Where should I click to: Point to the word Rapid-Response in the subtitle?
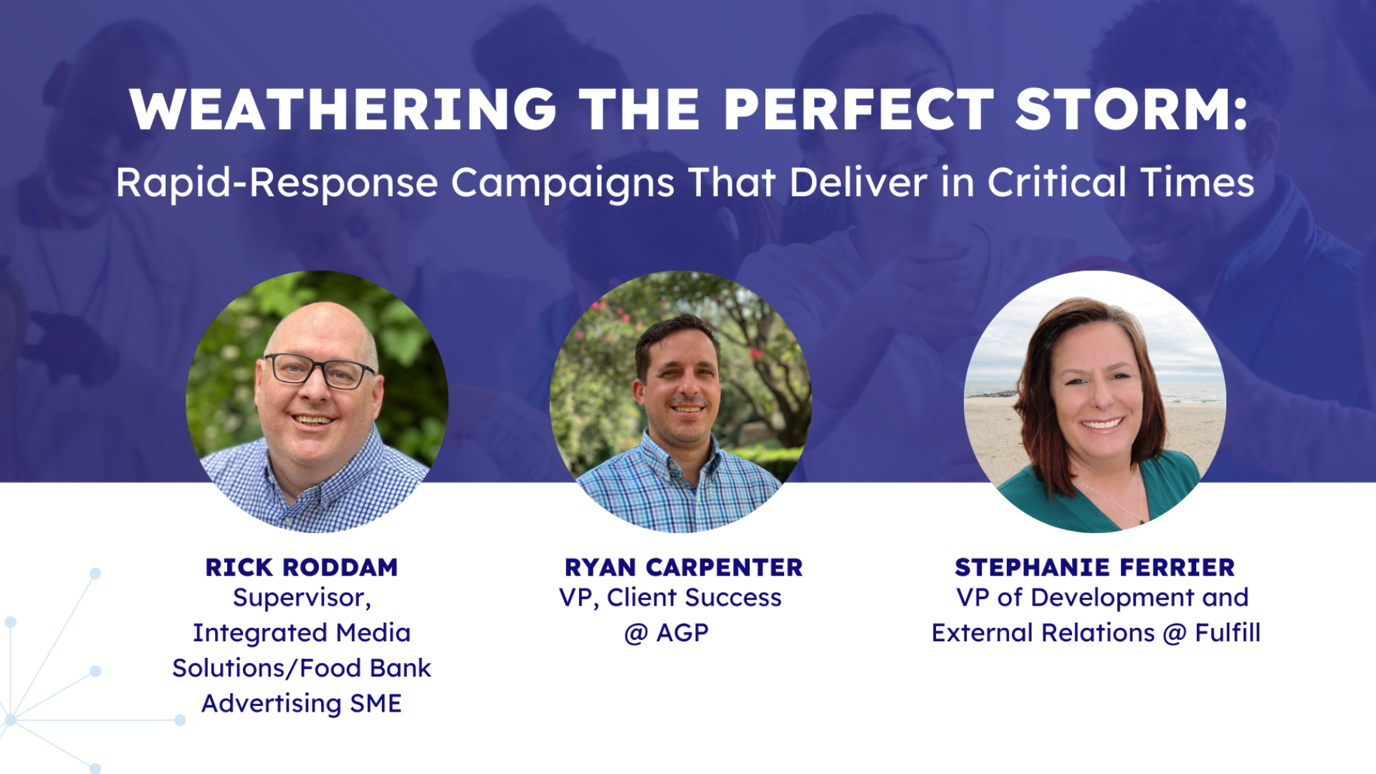coord(277,183)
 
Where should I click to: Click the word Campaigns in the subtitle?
coord(563,183)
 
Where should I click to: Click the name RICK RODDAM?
coord(302,568)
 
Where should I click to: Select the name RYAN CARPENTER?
coord(684,568)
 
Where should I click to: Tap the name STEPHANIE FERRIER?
coord(1095,568)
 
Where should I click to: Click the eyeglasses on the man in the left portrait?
coord(320,370)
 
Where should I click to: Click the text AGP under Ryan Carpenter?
coord(682,633)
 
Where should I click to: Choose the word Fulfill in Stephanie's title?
coord(1228,633)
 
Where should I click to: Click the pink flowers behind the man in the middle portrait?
coord(752,355)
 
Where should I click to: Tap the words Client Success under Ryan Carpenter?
coord(694,598)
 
